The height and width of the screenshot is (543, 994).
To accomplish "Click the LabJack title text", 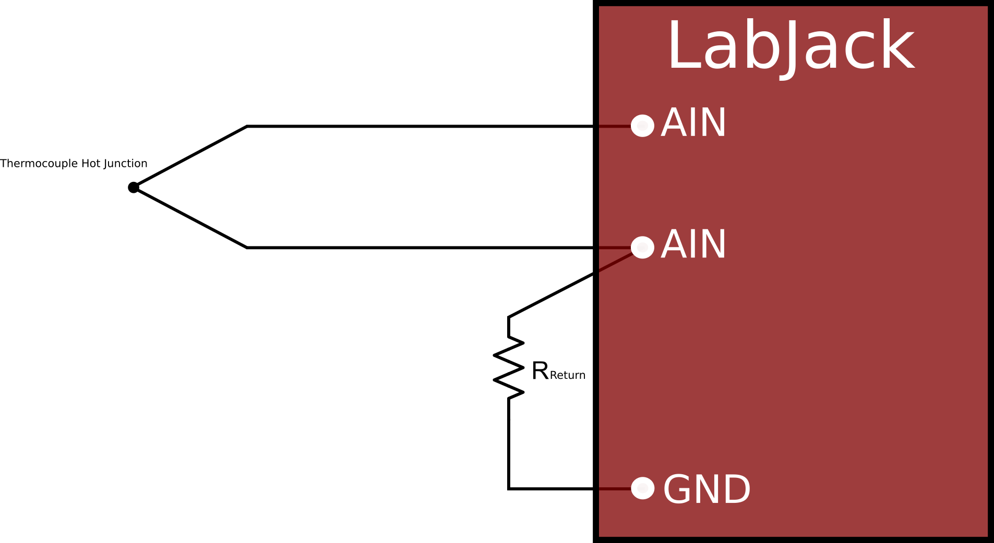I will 791,46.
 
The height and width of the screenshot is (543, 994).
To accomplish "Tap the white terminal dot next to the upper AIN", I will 642,126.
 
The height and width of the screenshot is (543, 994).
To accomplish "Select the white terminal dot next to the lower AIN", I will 642,247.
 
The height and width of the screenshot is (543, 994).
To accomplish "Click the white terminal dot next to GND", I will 642,488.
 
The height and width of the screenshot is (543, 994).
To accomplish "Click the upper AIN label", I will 693,123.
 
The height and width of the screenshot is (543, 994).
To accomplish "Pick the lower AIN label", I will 693,244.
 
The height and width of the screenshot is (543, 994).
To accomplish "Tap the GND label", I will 706,489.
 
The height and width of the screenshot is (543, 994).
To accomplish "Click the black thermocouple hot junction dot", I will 134,187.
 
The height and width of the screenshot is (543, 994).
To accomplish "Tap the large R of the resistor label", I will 540,371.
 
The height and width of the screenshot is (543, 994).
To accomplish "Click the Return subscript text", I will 568,375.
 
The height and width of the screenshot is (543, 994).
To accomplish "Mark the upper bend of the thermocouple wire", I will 247,126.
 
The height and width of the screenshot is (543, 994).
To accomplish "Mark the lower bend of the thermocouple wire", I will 247,248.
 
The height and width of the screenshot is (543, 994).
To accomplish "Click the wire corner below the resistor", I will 509,488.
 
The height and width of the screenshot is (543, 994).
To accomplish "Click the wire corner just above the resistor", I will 509,317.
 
